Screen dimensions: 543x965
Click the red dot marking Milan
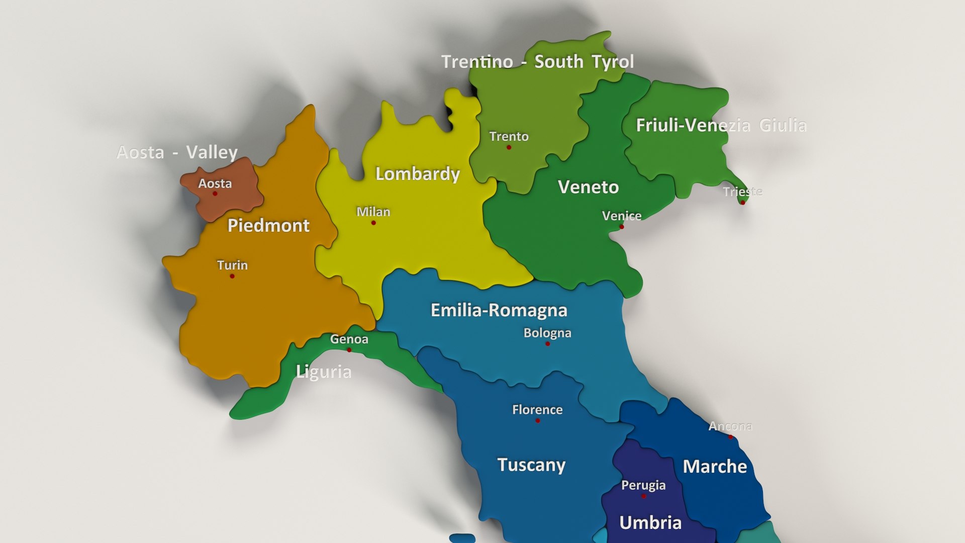[x=373, y=223]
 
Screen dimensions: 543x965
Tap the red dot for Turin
[x=232, y=276]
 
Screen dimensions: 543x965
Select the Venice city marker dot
[x=622, y=227]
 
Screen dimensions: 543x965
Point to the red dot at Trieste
[x=742, y=203]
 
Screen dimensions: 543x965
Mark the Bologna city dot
[x=547, y=344]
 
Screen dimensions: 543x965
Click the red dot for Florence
[x=538, y=421]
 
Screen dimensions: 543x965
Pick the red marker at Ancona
[x=731, y=437]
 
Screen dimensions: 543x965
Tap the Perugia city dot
[x=643, y=496]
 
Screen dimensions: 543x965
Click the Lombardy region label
[x=418, y=174]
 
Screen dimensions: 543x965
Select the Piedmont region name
[x=268, y=225]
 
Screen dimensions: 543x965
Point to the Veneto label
[x=588, y=187]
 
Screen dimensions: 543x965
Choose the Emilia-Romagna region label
[x=499, y=310]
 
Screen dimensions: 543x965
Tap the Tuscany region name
[x=531, y=465]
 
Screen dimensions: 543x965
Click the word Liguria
[x=324, y=372]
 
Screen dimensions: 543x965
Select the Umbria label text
[x=650, y=523]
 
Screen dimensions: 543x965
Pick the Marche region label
[x=715, y=467]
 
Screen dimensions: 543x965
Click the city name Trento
[x=509, y=136]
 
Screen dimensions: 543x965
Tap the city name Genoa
[x=349, y=339]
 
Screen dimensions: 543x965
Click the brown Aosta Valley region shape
[x=229, y=199]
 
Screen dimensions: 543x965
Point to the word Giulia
[x=783, y=125]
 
